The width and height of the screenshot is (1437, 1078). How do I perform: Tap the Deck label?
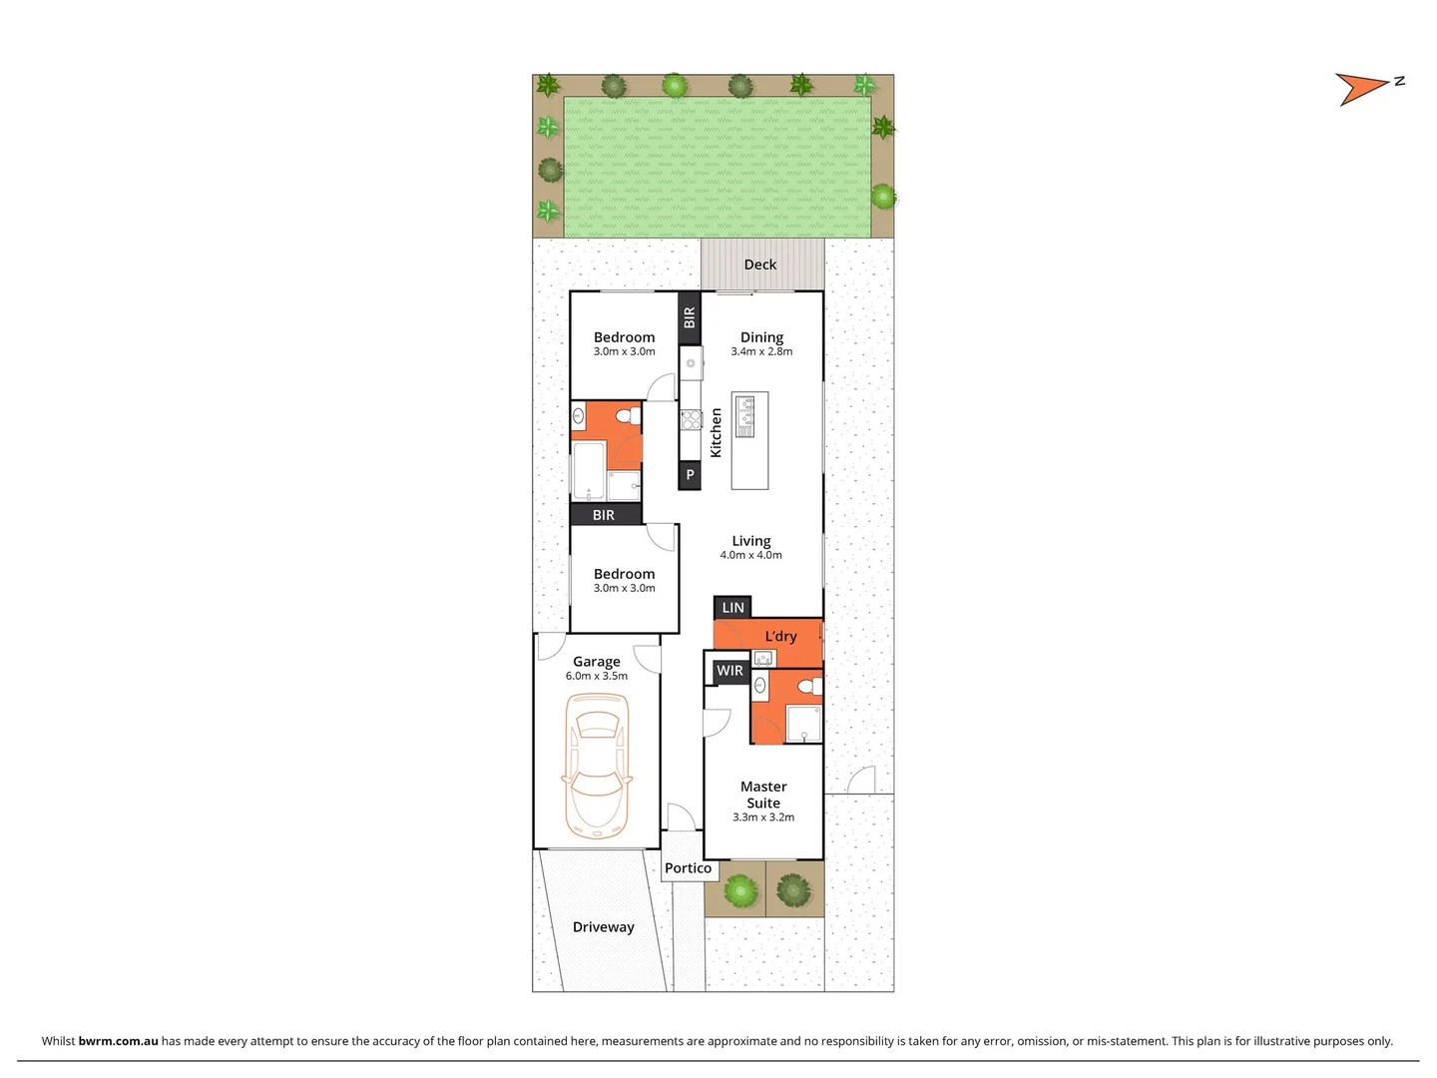(760, 265)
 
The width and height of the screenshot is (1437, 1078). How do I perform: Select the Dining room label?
(761, 337)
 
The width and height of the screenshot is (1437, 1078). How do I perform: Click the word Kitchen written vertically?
(716, 433)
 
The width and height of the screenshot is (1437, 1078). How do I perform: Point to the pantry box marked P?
(690, 475)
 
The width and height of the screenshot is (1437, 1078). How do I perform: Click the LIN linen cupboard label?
(732, 607)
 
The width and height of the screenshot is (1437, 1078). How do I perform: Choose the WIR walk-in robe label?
(729, 671)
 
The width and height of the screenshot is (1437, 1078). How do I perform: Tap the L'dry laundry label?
(780, 636)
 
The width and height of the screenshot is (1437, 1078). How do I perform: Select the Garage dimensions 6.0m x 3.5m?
(597, 676)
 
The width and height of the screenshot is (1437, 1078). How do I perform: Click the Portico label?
(689, 868)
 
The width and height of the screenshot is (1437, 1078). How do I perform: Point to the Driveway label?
(603, 927)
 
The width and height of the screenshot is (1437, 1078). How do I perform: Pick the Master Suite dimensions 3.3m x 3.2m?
(763, 816)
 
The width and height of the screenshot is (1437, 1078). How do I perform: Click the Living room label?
(751, 541)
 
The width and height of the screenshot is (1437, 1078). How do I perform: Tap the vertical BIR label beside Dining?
(690, 317)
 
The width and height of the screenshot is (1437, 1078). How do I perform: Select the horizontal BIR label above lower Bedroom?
(604, 515)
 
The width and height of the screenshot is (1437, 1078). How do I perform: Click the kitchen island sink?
(745, 416)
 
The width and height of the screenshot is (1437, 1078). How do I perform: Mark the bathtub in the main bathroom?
(589, 470)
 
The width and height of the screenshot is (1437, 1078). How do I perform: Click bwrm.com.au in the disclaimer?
(118, 1040)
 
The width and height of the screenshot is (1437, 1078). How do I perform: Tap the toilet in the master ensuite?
(814, 686)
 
